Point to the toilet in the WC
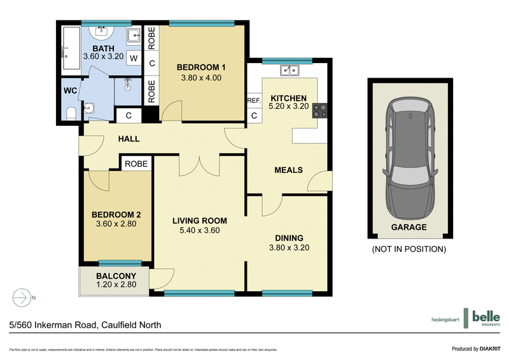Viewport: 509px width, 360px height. (x=71, y=113)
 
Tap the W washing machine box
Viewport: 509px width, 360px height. (x=134, y=58)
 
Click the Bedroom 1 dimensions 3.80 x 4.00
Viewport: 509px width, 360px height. (x=200, y=79)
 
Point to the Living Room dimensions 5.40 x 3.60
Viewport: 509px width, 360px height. (x=200, y=230)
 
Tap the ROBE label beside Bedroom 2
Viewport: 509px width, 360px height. (x=136, y=163)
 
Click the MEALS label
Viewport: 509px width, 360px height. (x=288, y=170)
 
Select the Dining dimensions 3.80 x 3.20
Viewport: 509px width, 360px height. (x=289, y=247)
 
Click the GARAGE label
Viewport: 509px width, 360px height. (x=408, y=227)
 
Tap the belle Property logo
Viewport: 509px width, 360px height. (x=484, y=319)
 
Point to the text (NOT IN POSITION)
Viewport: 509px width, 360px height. (x=408, y=249)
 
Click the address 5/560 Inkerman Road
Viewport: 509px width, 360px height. (x=85, y=324)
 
